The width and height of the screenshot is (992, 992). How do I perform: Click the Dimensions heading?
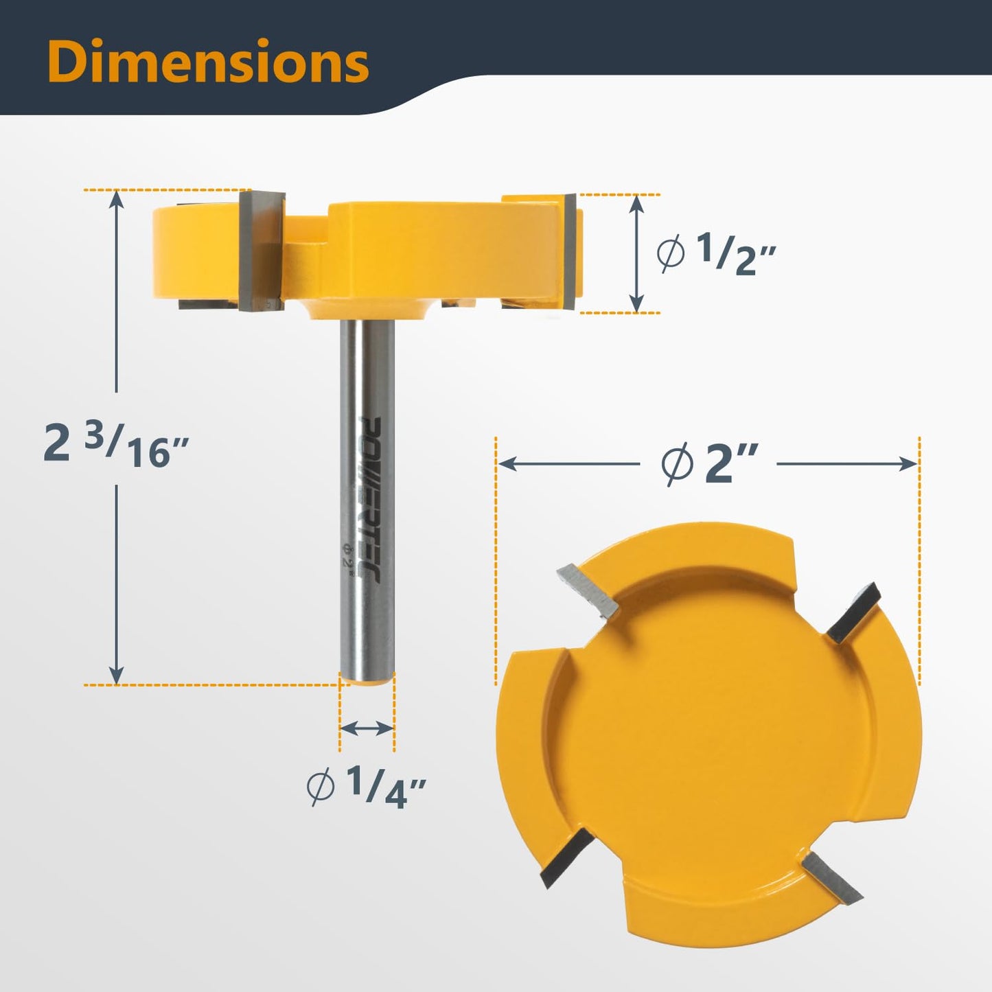point(208,62)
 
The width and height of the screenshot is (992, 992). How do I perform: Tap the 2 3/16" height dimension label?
point(115,445)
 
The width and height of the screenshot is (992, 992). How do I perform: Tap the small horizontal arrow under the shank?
point(367,728)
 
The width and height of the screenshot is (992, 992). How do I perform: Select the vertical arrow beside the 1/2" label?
point(637,253)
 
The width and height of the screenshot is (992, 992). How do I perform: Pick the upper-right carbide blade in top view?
point(853,612)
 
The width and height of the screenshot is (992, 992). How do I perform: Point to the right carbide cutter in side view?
point(569,251)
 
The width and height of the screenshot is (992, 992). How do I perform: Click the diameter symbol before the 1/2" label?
point(670,254)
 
